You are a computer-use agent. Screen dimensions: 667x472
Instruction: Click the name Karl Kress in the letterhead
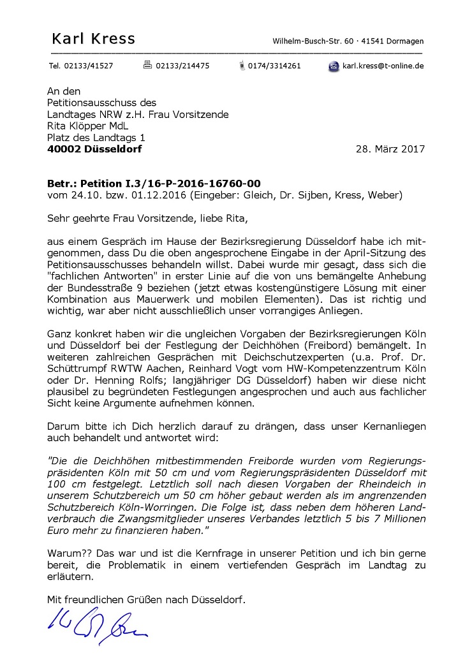coord(93,39)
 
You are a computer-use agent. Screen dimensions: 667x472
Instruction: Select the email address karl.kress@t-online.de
coord(383,66)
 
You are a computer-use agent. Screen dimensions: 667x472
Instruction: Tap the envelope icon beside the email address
coord(334,66)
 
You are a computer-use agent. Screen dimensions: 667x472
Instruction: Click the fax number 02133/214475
coord(182,66)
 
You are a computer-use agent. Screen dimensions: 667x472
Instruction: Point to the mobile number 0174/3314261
coord(274,66)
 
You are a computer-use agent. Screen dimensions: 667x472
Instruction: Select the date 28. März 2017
coord(389,149)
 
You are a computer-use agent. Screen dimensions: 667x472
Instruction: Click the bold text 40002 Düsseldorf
coord(94,149)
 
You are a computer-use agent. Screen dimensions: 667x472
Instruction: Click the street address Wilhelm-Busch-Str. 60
coord(311,41)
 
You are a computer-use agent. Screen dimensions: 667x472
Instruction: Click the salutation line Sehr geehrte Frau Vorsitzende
coord(114,218)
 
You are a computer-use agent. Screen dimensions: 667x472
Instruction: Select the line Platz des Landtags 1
coord(96,137)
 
